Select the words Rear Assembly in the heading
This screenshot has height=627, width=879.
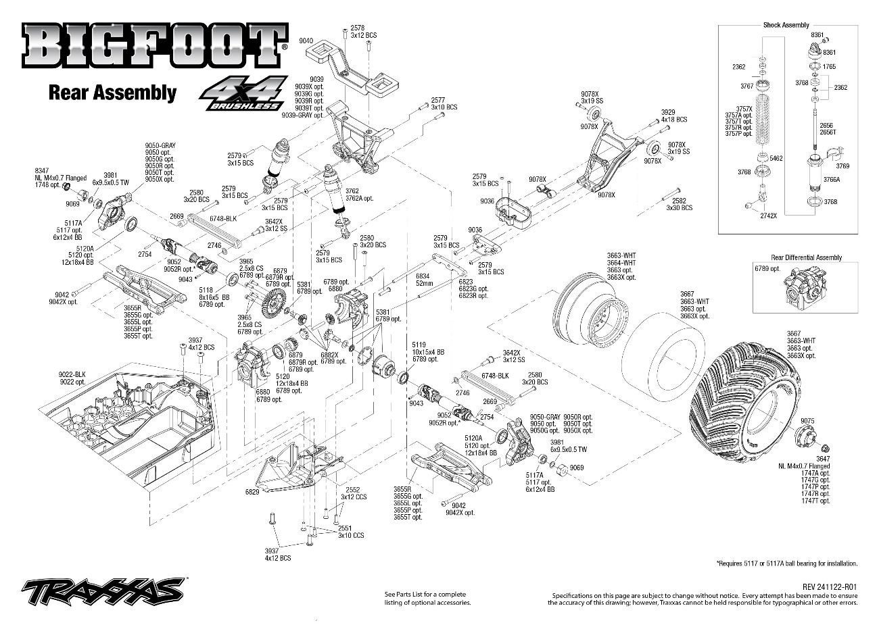[x=112, y=93]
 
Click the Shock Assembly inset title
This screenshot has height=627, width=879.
[x=786, y=25]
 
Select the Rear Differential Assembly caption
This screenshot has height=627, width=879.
[x=806, y=257]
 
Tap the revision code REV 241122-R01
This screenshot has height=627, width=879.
[x=830, y=587]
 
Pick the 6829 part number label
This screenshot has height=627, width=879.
[x=253, y=493]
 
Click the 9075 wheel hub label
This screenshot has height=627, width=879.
[x=807, y=420]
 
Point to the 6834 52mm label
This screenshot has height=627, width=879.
[x=423, y=280]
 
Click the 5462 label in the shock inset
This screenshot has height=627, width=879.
[x=776, y=158]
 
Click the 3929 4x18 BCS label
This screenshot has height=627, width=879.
[x=673, y=116]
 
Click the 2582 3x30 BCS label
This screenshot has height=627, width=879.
[x=679, y=204]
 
